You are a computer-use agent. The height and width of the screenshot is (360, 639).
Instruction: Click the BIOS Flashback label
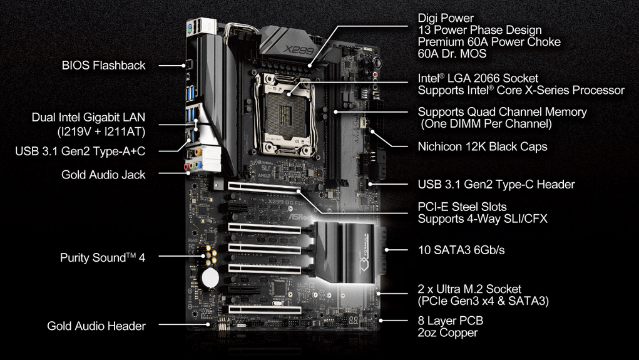[x=103, y=65]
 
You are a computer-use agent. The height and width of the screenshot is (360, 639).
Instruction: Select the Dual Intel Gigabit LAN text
[x=88, y=118]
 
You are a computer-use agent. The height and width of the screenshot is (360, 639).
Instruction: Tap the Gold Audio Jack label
[x=103, y=175]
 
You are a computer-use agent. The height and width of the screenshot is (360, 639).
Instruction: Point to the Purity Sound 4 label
[x=102, y=258]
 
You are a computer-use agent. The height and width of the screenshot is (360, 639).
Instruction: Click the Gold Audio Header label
[x=96, y=326]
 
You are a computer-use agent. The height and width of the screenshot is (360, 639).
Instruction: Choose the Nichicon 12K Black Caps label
[x=483, y=147]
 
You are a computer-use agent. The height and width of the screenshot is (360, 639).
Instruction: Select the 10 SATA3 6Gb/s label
[x=461, y=250]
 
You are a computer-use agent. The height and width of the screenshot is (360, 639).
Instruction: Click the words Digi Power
[x=446, y=18]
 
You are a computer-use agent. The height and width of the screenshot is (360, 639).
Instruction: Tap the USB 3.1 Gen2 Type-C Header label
[x=496, y=184]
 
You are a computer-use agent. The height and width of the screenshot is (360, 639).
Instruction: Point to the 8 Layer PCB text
[x=451, y=321]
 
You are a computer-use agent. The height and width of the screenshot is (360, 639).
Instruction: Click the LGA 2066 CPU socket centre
[x=287, y=115]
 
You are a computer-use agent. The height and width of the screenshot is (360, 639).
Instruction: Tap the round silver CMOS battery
[x=210, y=278]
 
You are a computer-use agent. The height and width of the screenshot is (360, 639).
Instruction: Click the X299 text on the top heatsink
[x=299, y=49]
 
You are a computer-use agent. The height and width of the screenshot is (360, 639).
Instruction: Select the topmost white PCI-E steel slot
[x=265, y=188]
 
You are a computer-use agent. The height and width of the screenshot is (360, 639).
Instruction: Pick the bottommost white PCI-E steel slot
[x=265, y=309]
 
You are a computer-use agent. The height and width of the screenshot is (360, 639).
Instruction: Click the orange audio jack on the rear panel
[x=198, y=153]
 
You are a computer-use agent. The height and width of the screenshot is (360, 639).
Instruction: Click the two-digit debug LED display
[x=354, y=320]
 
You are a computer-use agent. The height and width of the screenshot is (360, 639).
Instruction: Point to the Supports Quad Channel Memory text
[x=502, y=112]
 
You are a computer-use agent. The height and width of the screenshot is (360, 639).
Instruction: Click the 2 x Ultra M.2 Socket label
[x=469, y=289]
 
